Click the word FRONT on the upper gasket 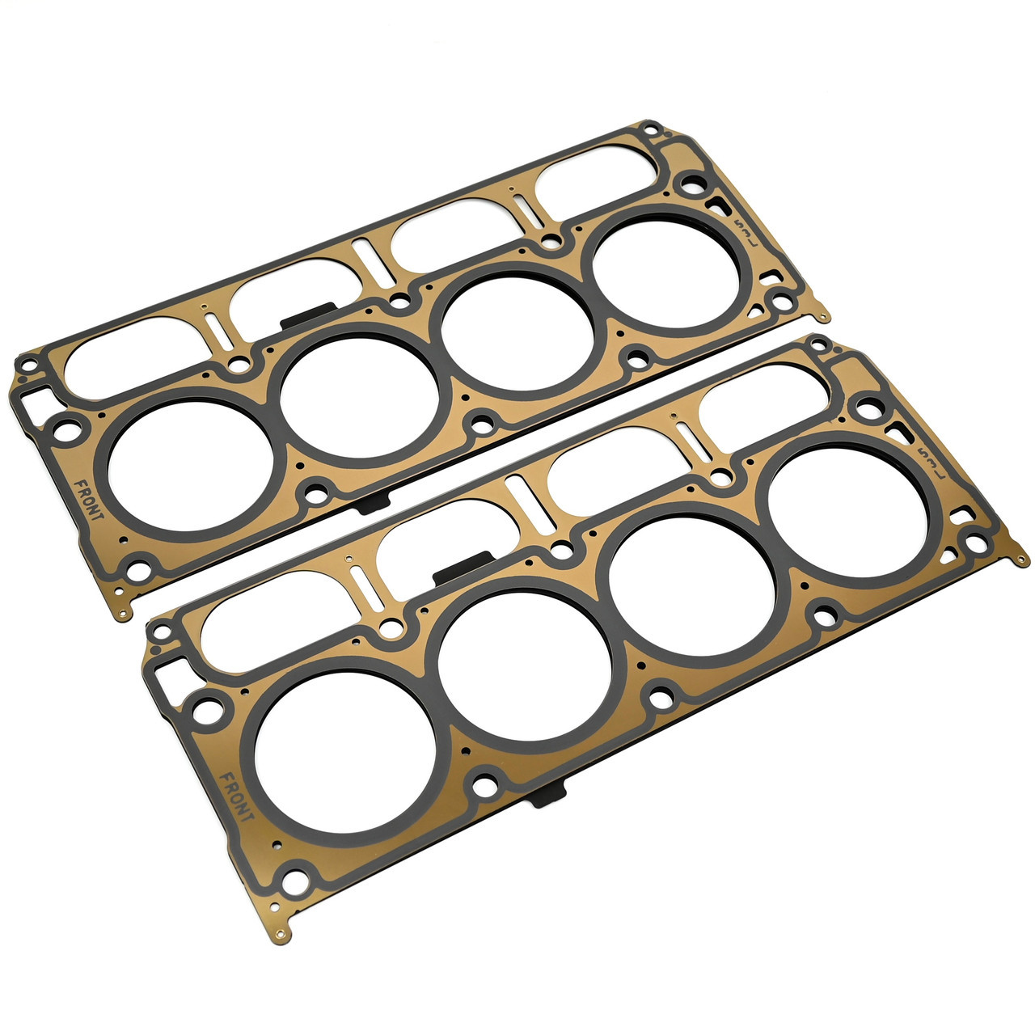86,501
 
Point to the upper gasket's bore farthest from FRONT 667,268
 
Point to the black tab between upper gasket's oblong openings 308,315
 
